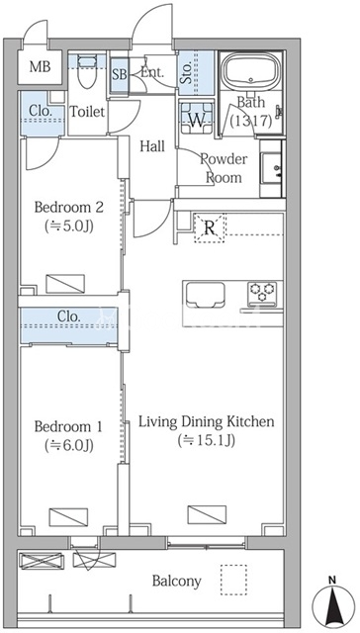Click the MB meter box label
pyautogui.click(x=40, y=67)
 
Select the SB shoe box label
pyautogui.click(x=119, y=75)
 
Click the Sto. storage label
pyautogui.click(x=187, y=73)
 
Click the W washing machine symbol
pyautogui.click(x=197, y=118)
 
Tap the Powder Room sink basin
pyautogui.click(x=273, y=168)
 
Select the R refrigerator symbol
pyautogui.click(x=210, y=228)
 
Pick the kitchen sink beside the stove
pyautogui.click(x=204, y=295)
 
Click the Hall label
pyautogui.click(x=152, y=146)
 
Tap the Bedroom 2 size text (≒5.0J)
pyautogui.click(x=69, y=226)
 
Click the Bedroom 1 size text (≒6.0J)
pyautogui.click(x=69, y=445)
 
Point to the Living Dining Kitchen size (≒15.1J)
pyautogui.click(x=207, y=440)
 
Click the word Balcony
pyautogui.click(x=176, y=582)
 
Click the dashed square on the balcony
pyautogui.click(x=233, y=580)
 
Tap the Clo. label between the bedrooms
pyautogui.click(x=68, y=316)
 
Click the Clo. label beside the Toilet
pyautogui.click(x=40, y=111)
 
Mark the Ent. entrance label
pyautogui.click(x=152, y=73)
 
